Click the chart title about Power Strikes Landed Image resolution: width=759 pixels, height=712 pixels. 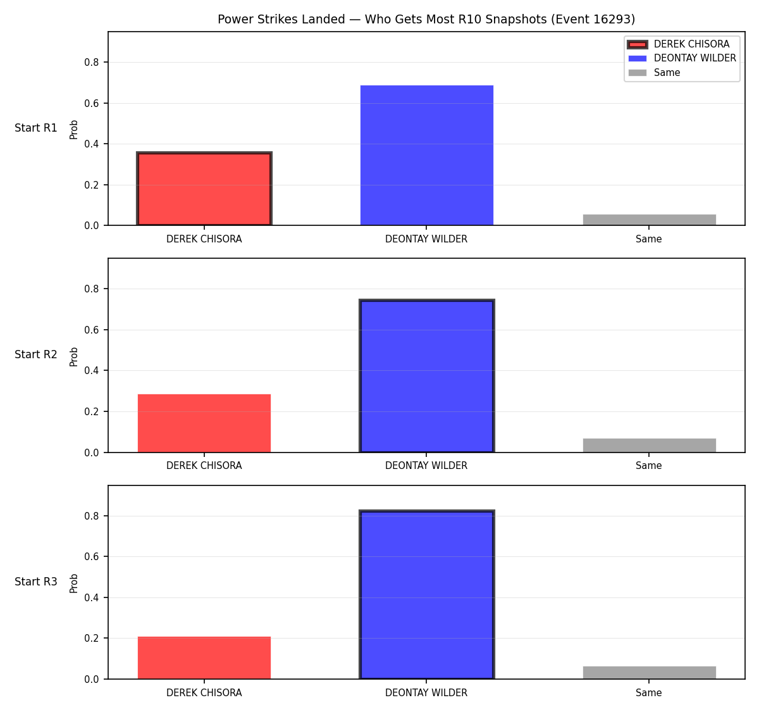(426, 19)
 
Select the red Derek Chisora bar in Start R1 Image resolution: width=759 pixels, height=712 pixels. (204, 189)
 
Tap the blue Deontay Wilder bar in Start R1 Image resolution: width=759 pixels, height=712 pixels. (426, 155)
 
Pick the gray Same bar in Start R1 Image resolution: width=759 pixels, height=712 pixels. (649, 220)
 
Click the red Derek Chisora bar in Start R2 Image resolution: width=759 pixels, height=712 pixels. (204, 423)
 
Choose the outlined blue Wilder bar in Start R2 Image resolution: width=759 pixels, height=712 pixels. (426, 376)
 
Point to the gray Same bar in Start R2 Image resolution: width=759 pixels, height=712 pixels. (649, 446)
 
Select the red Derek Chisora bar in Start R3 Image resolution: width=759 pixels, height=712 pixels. (204, 658)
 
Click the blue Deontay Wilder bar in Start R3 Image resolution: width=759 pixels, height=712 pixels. (426, 594)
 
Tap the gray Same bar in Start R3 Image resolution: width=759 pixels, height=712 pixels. (649, 673)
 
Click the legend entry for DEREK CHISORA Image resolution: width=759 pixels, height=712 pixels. (679, 44)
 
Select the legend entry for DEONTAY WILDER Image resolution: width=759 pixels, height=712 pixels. (682, 58)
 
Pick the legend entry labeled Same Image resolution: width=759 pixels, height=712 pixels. (654, 73)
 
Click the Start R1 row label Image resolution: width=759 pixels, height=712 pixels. (36, 128)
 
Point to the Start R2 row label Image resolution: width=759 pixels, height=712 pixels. (36, 354)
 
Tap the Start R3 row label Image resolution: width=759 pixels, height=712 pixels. (36, 582)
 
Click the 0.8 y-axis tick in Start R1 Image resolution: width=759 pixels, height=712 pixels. (91, 63)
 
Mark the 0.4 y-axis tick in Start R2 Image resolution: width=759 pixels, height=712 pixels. (91, 371)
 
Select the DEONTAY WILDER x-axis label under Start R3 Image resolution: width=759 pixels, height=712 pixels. (426, 693)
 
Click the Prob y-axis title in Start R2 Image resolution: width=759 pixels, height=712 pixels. (73, 356)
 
